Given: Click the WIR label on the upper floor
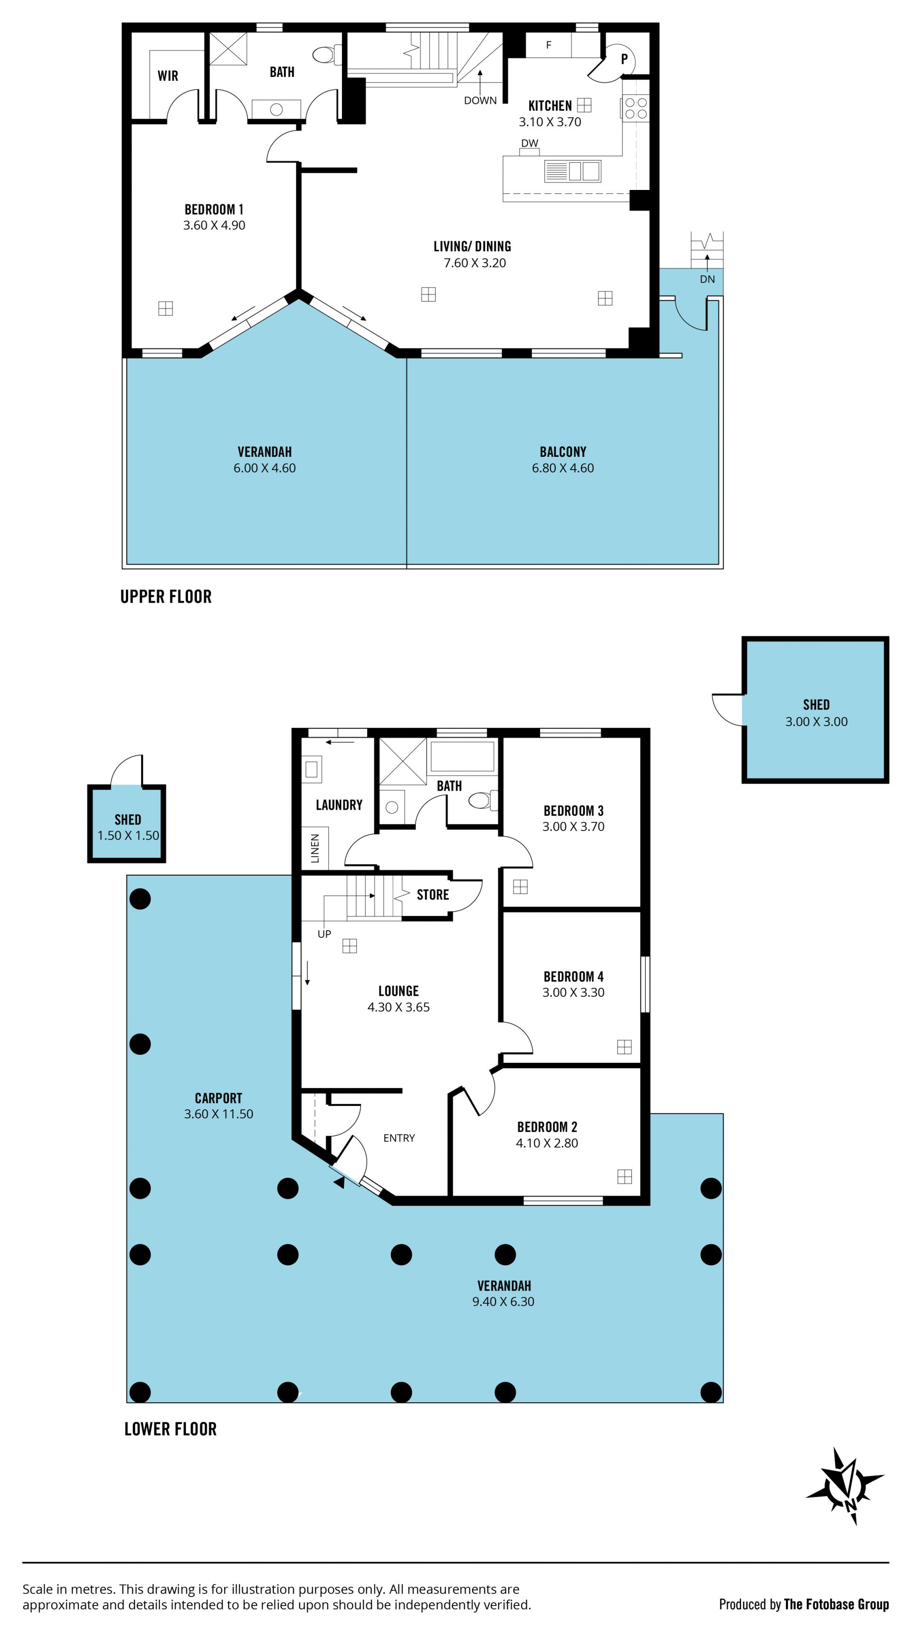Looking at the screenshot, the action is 168,76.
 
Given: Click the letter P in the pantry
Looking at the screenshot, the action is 624,59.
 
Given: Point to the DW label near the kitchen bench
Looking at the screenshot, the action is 529,143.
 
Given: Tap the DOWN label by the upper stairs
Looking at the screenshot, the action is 480,100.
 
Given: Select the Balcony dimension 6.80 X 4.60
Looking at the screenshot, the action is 562,468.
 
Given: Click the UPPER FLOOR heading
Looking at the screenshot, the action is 166,596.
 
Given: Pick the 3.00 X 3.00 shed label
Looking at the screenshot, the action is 816,722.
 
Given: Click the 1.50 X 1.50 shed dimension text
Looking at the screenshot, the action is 128,836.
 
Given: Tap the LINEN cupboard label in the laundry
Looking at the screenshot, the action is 315,849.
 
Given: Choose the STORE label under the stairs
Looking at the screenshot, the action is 433,895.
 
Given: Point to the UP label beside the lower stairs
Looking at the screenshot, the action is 324,934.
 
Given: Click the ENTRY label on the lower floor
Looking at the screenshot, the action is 399,1138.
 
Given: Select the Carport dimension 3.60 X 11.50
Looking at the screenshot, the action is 218,1114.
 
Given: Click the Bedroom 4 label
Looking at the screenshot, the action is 573,977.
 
